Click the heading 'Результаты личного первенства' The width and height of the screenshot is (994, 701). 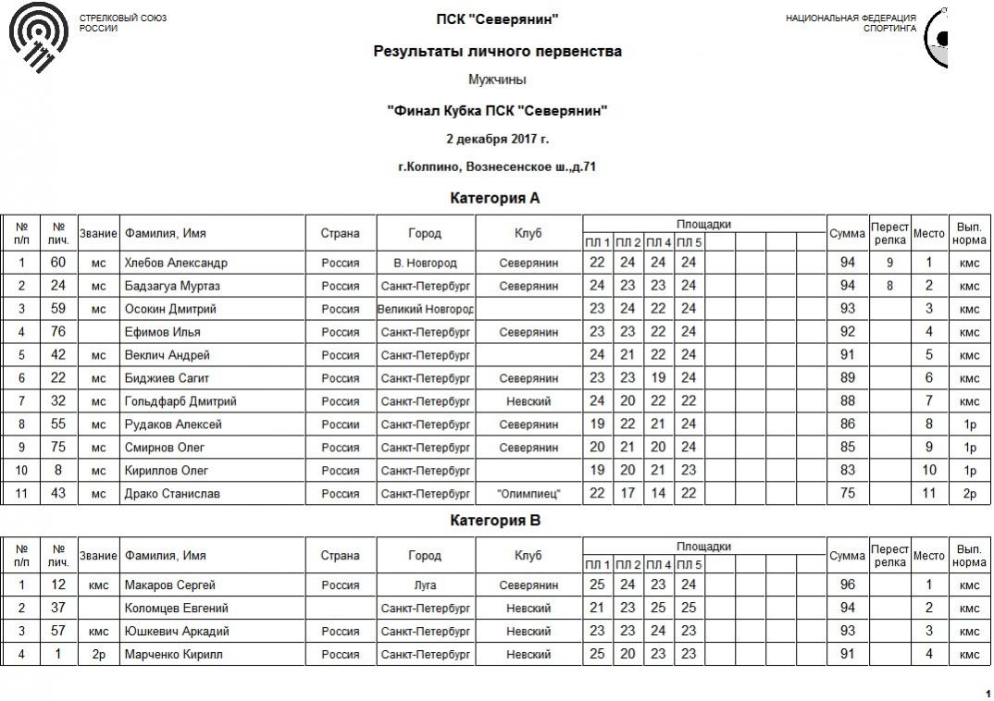[497, 52]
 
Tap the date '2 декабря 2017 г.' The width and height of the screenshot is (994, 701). [497, 140]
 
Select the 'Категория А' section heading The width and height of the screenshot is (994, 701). [495, 198]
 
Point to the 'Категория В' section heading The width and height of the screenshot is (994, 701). [495, 521]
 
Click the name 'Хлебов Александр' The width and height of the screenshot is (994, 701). [176, 263]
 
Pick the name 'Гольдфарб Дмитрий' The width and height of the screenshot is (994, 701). [180, 401]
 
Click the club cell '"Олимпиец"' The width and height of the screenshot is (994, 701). [528, 494]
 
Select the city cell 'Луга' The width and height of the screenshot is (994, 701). [426, 585]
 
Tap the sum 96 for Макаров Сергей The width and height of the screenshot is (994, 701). [847, 585]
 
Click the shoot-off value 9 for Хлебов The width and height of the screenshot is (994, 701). [889, 263]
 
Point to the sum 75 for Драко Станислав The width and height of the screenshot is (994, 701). [847, 494]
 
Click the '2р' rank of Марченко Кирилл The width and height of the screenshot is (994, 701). [98, 655]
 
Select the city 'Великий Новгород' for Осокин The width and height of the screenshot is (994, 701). [426, 309]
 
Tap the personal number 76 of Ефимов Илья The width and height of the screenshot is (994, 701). [58, 332]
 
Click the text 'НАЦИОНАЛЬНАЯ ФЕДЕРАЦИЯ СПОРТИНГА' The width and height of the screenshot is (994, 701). [851, 23]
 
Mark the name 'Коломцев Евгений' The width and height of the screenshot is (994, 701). [176, 609]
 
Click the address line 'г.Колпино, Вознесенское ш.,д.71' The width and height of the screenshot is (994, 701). [497, 167]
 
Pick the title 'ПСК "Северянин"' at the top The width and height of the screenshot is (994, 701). [497, 19]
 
